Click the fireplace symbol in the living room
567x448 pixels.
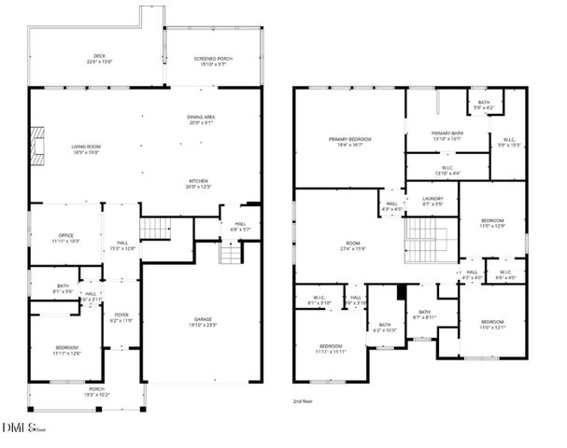point(36,146)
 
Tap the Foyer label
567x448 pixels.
point(121,317)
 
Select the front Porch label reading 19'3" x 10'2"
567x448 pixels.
point(97,391)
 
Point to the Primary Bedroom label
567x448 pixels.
point(349,142)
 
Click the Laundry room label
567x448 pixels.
point(432,201)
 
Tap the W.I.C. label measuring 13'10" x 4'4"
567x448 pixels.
point(447,171)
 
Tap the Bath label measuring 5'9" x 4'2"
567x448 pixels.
point(483,105)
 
